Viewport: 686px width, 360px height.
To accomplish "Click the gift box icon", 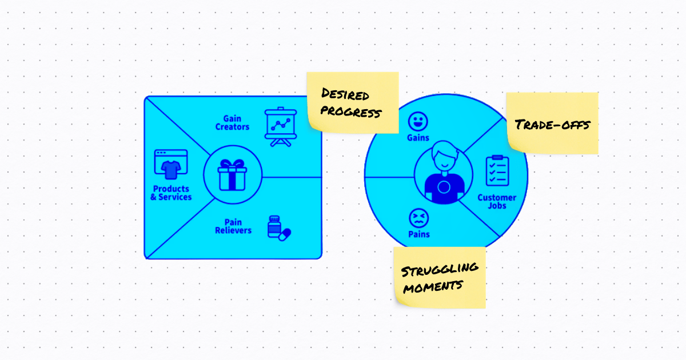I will click(x=233, y=175).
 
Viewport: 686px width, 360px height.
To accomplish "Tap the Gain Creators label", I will click(x=232, y=123).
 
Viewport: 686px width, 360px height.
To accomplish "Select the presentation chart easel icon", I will click(x=280, y=127).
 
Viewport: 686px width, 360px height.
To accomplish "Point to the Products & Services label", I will click(x=171, y=193).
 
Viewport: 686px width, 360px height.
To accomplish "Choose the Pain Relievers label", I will click(x=233, y=226).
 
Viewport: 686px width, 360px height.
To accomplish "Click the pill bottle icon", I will click(x=278, y=227).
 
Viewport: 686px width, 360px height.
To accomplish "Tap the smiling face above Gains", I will click(x=418, y=121).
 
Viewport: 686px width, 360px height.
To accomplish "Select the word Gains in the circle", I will click(x=418, y=138).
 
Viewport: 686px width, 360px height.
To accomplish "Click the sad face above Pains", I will click(x=418, y=218).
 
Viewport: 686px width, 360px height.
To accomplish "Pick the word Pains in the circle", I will click(x=419, y=234).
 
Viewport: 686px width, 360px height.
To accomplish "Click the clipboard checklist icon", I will click(x=497, y=171).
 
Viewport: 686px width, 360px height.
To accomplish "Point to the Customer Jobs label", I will click(x=497, y=202).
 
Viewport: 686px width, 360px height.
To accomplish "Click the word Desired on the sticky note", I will click(x=345, y=94).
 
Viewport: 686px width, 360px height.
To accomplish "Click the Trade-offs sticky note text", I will click(x=552, y=124).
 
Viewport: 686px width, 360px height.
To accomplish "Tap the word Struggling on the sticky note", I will click(x=439, y=269).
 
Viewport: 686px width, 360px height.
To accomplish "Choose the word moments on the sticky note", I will click(x=432, y=286).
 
